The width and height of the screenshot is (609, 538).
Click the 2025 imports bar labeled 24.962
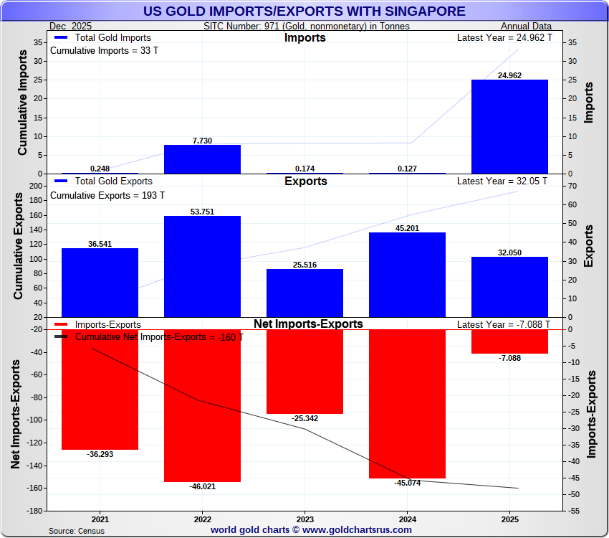509,126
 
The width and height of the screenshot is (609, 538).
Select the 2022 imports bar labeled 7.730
202,159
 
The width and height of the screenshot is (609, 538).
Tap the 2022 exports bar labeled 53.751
202,266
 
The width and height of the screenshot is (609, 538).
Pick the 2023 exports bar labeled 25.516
304,293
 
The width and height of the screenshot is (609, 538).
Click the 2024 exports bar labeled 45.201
407,275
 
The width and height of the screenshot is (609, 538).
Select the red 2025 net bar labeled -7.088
509,341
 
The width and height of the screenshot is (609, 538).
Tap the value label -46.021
202,486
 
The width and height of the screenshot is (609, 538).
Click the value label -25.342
304,418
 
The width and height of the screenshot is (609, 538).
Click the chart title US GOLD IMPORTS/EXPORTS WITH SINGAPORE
304,11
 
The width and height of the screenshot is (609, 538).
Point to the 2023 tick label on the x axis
304,519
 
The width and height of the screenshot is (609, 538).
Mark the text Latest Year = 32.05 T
502,181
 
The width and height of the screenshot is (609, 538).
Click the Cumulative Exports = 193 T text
107,195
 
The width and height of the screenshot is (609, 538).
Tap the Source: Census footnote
77,531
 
